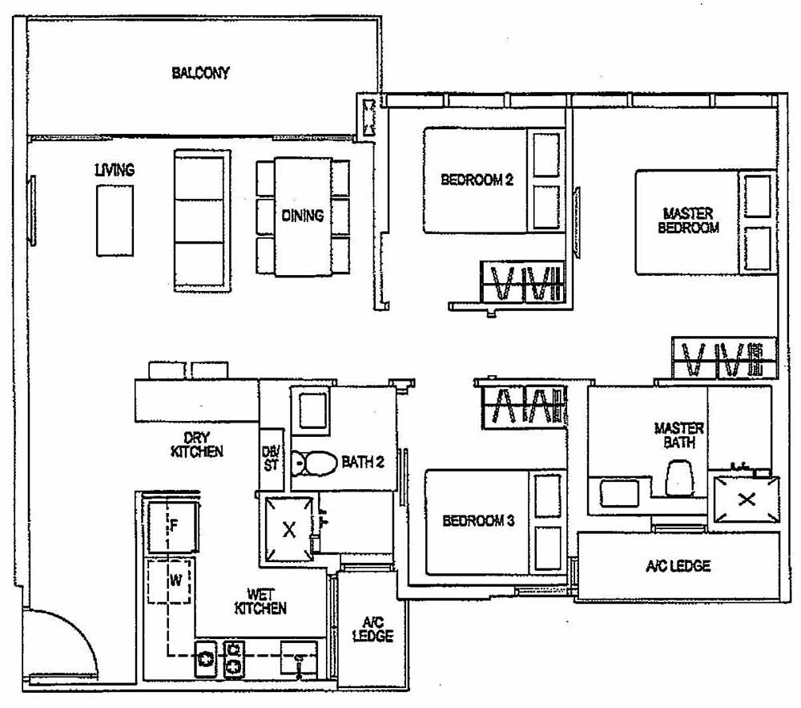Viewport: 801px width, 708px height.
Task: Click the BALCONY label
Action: point(200,73)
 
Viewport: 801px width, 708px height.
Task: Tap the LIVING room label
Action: point(114,170)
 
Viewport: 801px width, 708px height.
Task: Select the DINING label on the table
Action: point(303,215)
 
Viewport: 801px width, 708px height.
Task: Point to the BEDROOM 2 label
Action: point(477,180)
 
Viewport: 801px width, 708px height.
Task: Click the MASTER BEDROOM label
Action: point(688,220)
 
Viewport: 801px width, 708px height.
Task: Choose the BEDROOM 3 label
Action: point(478,521)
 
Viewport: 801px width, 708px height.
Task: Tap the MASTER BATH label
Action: point(678,435)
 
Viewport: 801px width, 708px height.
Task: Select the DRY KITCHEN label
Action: point(196,444)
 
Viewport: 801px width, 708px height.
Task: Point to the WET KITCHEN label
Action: point(260,601)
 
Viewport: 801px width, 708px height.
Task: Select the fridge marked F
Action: point(171,525)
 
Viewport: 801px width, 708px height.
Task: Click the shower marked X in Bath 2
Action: point(289,530)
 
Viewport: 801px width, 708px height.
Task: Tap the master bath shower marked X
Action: point(746,500)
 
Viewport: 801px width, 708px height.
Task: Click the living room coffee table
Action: point(115,220)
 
